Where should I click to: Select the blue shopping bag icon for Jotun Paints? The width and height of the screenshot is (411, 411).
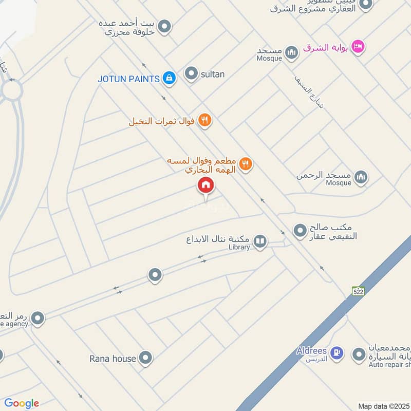pos(169,78)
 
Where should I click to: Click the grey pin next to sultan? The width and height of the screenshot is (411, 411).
pos(191,74)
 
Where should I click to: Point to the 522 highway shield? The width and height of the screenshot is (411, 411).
pos(358,291)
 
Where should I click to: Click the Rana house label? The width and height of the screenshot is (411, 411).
pos(113,358)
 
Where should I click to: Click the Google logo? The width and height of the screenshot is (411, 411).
pos(21,403)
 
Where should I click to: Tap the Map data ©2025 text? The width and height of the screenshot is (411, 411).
pos(384,406)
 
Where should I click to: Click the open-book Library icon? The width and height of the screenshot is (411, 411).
pos(260,241)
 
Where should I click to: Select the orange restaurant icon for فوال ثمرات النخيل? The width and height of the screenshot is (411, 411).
pos(205,121)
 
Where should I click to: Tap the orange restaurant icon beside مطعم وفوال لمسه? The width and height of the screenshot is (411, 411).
pos(246,164)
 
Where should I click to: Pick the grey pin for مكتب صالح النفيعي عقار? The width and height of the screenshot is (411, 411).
pos(300,231)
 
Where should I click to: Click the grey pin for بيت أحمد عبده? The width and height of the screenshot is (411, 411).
pos(164,26)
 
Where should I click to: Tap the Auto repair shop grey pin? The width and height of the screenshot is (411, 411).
pos(359,354)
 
